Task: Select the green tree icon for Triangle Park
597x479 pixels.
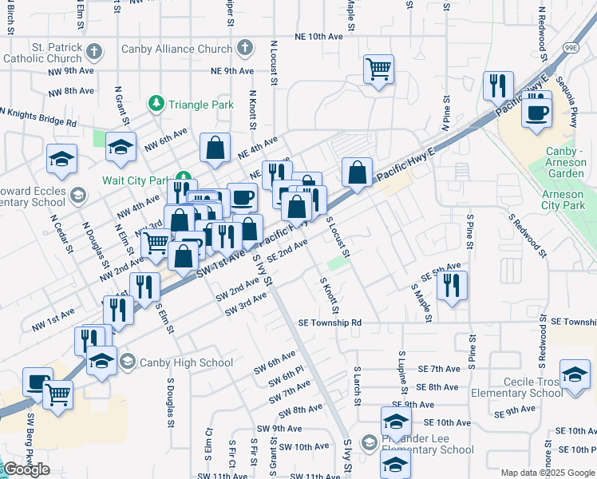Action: [156, 104]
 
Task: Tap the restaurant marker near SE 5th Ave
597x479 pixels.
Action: [452, 285]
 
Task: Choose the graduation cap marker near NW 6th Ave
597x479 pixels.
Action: [121, 146]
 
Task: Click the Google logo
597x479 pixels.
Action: [26, 470]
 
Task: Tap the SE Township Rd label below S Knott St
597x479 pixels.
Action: [330, 323]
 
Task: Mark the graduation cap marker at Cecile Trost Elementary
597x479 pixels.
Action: [575, 376]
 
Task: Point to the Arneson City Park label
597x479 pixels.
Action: [563, 200]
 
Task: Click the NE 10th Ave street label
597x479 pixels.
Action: [318, 37]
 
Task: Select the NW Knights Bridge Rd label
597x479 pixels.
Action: [38, 117]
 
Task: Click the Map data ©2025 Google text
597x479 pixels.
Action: [548, 473]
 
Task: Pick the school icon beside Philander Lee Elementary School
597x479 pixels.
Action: [369, 442]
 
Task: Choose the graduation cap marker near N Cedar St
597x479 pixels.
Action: [61, 158]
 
